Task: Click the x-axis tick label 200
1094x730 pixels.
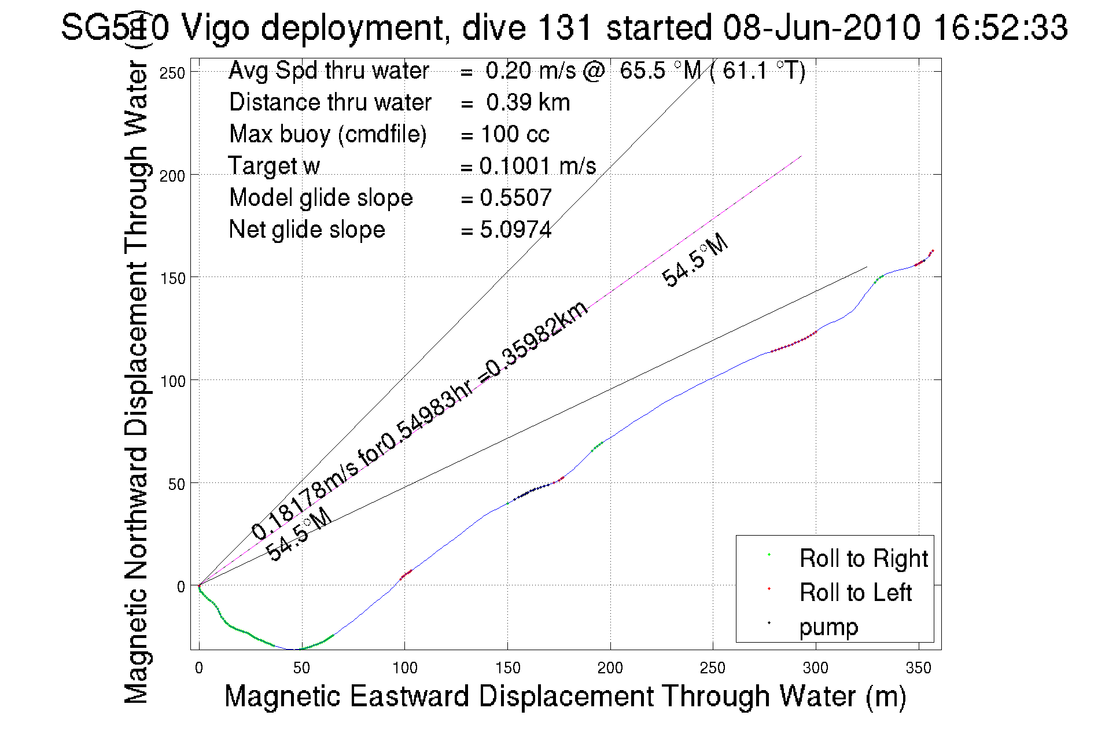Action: pos(610,668)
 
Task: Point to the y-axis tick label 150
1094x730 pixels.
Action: pos(172,278)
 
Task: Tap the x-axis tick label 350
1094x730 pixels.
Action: pos(918,668)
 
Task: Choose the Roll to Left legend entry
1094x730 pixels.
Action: pos(855,592)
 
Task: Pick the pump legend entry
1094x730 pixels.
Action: pos(828,626)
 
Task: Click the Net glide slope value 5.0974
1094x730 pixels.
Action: pos(515,230)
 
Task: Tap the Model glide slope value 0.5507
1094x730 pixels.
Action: pos(515,198)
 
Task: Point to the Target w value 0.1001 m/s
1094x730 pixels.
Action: pos(537,166)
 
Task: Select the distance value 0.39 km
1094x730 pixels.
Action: pos(528,102)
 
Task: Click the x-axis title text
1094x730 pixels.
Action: pos(565,696)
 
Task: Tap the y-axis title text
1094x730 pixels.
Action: pos(137,382)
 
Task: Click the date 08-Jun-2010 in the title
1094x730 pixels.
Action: pos(822,27)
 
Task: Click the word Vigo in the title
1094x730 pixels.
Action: pos(217,27)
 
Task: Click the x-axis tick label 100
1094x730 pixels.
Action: pos(404,668)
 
